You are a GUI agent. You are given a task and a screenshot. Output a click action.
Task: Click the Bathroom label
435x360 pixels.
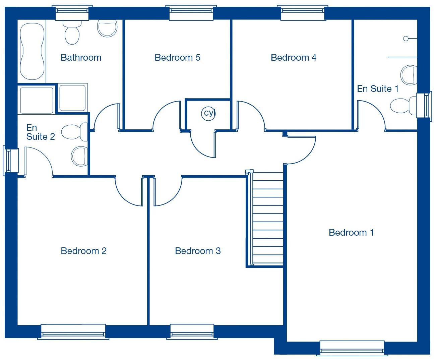pyautogui.click(x=81, y=58)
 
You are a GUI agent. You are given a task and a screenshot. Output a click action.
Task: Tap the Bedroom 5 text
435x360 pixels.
pyautogui.click(x=177, y=58)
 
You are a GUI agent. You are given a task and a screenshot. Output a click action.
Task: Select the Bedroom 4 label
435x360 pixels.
pyautogui.click(x=293, y=58)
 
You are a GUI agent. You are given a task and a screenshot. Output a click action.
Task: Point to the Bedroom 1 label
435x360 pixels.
pyautogui.click(x=351, y=232)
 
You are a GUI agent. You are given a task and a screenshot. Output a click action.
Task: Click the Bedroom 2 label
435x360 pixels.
pyautogui.click(x=83, y=251)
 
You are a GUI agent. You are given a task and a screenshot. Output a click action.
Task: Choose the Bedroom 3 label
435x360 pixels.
pyautogui.click(x=198, y=251)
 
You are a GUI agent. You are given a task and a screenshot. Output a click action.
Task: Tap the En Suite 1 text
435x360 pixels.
pyautogui.click(x=377, y=89)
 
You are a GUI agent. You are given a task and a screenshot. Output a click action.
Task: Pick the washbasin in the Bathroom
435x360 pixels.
pyautogui.click(x=107, y=27)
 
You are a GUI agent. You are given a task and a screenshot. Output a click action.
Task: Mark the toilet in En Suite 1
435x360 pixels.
pyautogui.click(x=402, y=106)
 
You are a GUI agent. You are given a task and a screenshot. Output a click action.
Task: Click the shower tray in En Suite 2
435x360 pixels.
pyautogui.click(x=37, y=100)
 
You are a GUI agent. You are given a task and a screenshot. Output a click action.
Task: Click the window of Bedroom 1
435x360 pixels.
pyautogui.click(x=352, y=348)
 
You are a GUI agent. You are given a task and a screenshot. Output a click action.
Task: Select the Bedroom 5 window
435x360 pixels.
pyautogui.click(x=191, y=13)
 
